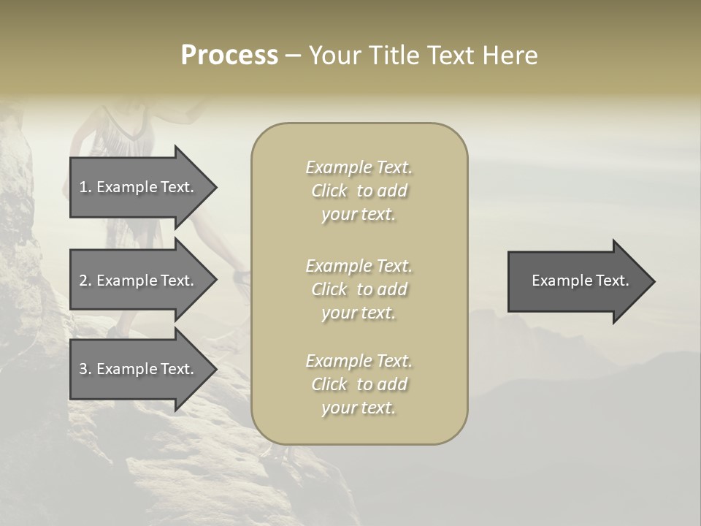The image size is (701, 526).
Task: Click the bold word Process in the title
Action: pos(229,56)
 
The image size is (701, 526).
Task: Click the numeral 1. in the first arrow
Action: pos(85,187)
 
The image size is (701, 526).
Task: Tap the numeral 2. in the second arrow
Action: pos(85,281)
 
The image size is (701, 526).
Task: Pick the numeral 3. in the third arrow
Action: pos(85,369)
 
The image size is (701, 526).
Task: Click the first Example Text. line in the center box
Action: pos(359,167)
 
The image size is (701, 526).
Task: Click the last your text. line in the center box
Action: pos(359,408)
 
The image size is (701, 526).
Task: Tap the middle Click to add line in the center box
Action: pos(359,289)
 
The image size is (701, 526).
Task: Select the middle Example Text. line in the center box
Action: pos(359,266)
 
